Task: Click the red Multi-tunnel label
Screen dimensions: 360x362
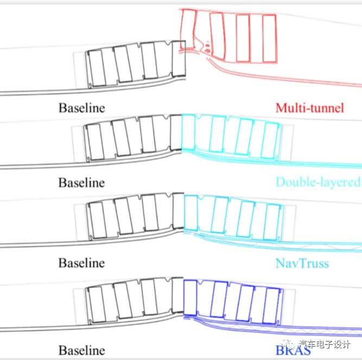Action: tap(309, 107)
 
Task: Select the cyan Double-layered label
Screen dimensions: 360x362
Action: tap(317, 182)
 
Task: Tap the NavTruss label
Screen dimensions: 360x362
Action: tap(302, 263)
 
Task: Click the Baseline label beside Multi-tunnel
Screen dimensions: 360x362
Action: tap(82, 108)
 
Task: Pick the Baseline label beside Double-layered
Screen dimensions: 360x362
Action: tap(81, 182)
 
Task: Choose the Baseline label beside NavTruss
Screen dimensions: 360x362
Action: tap(81, 263)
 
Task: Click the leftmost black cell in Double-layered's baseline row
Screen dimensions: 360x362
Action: tap(93, 142)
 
